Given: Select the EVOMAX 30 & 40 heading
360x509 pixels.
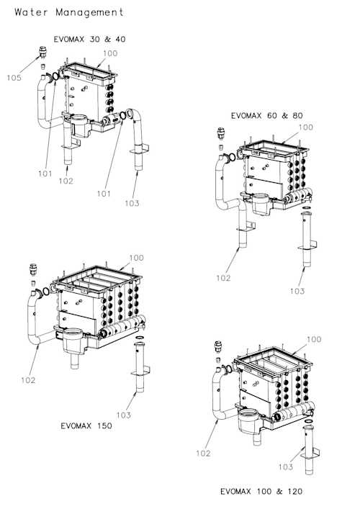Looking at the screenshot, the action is click(89, 39).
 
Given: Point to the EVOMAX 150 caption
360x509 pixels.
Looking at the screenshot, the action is click(86, 425).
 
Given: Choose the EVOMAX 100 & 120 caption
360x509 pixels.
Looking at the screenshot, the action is click(261, 492).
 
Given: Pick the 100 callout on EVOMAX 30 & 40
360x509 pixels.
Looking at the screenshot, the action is click(110, 53).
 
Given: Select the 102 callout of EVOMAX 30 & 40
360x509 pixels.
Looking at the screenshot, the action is click(66, 181).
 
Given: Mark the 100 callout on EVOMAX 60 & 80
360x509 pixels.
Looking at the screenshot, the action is click(305, 127).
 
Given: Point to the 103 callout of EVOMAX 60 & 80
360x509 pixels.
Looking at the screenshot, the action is click(297, 292).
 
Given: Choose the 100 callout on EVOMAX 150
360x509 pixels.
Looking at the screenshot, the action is click(136, 258).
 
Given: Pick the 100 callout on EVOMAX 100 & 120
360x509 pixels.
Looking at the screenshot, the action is click(313, 339).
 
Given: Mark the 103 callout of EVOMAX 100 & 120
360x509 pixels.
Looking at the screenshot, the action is click(286, 467).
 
